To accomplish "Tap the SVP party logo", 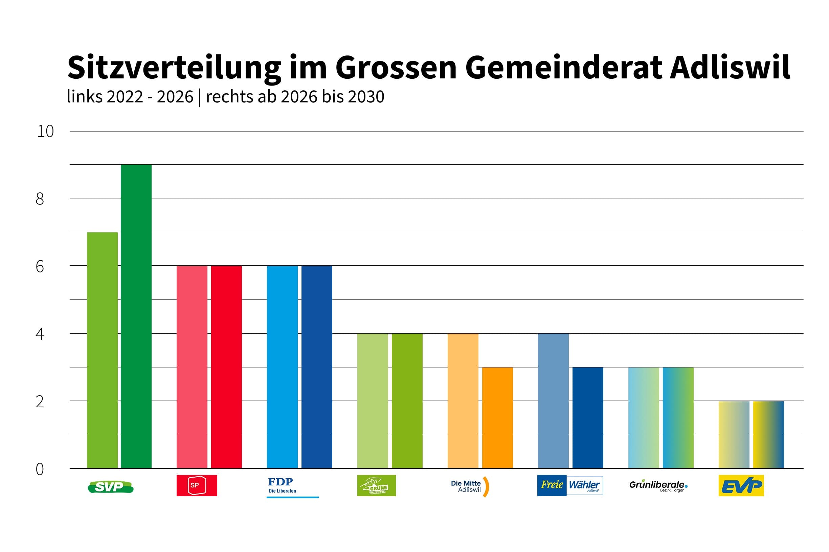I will click(110, 487).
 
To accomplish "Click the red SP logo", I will click(197, 485).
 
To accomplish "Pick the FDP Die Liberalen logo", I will click(292, 486).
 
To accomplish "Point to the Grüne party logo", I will click(376, 485).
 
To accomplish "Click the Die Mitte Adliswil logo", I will click(469, 486).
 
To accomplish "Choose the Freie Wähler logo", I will click(570, 485).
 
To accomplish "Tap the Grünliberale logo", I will click(658, 485).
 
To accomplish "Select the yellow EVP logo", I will click(741, 485).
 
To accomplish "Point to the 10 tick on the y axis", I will click(45, 131).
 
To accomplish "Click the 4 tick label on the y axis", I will click(40, 333).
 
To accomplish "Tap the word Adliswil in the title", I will click(730, 67).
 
